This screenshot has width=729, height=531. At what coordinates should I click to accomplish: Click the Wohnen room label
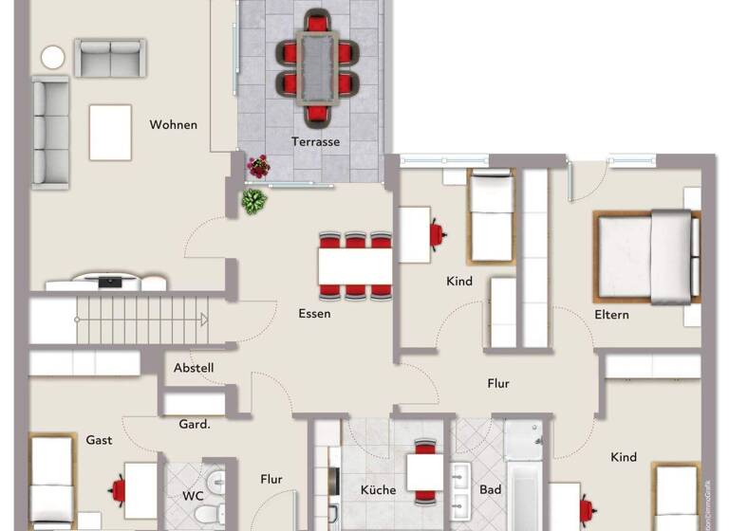(173, 124)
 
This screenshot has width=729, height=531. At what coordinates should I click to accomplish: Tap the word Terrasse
(315, 142)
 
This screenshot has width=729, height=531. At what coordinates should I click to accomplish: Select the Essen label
(314, 313)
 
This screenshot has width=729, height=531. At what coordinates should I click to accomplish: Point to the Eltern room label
(611, 315)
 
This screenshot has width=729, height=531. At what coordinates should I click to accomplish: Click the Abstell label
(194, 368)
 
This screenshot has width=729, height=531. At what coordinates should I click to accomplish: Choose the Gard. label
(194, 424)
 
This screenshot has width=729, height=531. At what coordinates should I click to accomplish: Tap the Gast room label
(99, 440)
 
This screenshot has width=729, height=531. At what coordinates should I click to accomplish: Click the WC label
(193, 495)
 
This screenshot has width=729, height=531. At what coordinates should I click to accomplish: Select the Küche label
(378, 490)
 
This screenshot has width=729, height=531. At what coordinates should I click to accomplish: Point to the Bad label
(490, 490)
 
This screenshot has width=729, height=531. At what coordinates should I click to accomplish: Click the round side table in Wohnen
(53, 58)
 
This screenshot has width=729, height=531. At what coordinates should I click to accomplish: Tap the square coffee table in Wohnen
(110, 132)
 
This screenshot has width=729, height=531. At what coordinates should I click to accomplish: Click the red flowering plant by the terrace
(258, 168)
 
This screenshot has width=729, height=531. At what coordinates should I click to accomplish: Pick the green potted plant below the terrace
(253, 201)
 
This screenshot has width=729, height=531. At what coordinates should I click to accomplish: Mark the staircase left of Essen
(120, 320)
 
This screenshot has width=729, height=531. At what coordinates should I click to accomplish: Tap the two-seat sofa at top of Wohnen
(110, 58)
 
